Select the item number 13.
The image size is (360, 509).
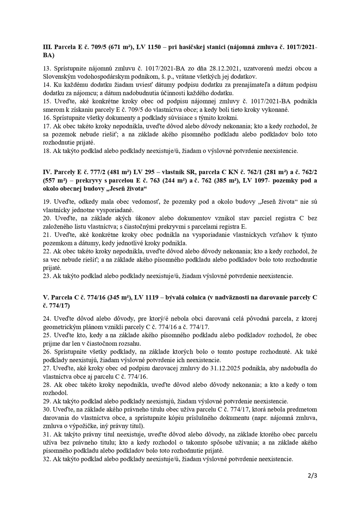[47, 68]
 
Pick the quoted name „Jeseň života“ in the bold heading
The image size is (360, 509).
[128, 188]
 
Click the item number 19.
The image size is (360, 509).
[47, 201]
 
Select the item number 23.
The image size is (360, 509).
[47, 275]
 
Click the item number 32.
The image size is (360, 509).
[47, 459]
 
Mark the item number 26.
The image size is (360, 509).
[47, 351]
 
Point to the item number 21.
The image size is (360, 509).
[47, 235]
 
